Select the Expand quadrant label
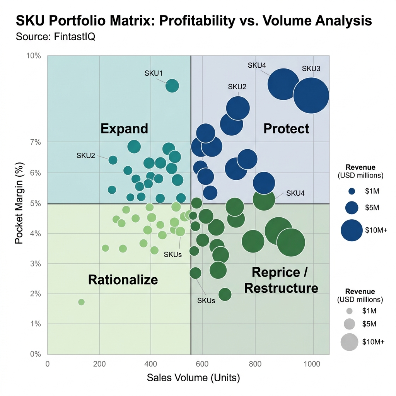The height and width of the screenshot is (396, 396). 124,128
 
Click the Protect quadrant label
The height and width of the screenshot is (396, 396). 286,129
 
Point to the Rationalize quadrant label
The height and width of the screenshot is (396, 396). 123,279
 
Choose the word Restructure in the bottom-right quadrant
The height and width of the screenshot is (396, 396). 281,288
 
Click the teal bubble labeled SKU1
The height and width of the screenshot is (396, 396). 172,85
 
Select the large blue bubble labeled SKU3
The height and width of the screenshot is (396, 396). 311,96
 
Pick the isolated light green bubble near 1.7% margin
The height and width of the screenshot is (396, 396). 81,302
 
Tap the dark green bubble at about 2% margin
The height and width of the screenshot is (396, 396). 225,294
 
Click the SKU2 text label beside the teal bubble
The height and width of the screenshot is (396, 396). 85,156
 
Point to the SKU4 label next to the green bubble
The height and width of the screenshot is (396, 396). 295,193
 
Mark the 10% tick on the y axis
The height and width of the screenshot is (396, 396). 33,56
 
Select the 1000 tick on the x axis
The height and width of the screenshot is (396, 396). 312,364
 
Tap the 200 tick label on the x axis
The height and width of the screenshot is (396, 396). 100,364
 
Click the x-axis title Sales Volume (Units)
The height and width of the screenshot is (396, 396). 193,378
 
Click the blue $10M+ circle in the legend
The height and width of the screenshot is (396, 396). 352,230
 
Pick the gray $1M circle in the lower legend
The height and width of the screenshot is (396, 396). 350,311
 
